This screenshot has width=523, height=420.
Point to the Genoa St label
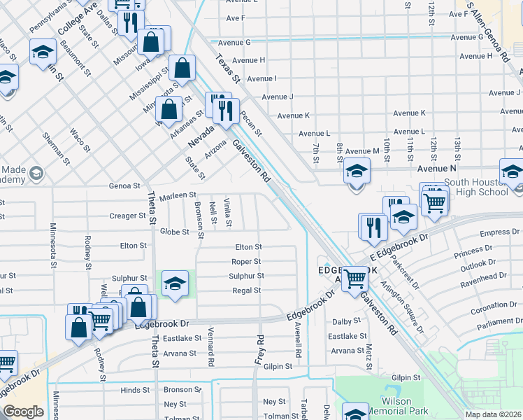[x=124, y=185]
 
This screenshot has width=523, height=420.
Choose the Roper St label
[x=246, y=262]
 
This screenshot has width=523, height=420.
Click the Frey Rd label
[x=259, y=348]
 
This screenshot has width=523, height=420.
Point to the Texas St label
[x=227, y=69]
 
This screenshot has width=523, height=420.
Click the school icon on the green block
[x=175, y=283]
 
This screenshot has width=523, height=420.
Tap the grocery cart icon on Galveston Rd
[x=356, y=278]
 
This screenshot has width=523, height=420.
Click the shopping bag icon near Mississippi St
[x=182, y=69]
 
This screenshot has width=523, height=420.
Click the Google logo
[x=23, y=412]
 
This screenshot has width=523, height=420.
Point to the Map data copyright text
[x=494, y=414]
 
